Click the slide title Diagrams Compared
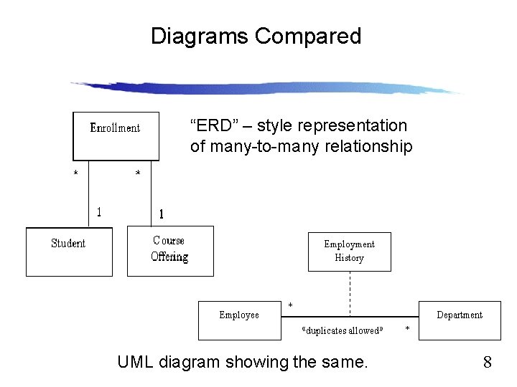pos(256,36)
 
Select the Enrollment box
pos(116,135)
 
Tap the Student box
pos(69,251)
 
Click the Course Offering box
pos(170,251)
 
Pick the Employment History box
pos(350,252)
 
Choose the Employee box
pos(239,320)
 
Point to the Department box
pos(460,320)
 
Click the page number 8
pos(487,362)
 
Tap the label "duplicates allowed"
pos(343,330)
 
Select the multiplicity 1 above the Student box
pos(99,211)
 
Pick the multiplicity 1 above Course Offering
pos(161,214)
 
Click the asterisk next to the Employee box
pos(290,306)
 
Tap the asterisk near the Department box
pos(408,329)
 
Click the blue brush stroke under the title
pos(266,88)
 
